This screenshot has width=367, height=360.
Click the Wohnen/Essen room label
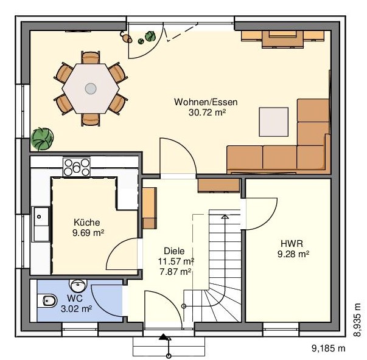click(x=206, y=102)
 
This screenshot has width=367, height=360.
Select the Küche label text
click(x=87, y=222)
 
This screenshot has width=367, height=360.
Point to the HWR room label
click(x=292, y=243)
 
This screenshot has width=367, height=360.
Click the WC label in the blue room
click(x=75, y=298)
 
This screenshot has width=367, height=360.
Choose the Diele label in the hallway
click(x=174, y=251)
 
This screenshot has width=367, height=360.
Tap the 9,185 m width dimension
click(x=329, y=348)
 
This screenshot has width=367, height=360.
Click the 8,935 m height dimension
click(x=357, y=320)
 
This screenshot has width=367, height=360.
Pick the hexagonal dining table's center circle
click(x=91, y=89)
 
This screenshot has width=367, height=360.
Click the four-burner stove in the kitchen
click(x=77, y=167)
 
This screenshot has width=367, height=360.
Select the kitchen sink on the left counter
click(x=41, y=224)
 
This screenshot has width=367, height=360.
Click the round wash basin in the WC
click(x=78, y=286)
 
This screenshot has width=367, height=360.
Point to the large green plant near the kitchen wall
click(x=42, y=139)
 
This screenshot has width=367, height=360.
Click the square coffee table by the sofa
click(x=274, y=122)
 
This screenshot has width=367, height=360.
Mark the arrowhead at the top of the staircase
click(x=225, y=216)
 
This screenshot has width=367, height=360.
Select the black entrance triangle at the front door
click(x=163, y=337)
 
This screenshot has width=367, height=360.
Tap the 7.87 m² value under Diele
click(x=175, y=272)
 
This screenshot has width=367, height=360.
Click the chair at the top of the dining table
click(x=91, y=58)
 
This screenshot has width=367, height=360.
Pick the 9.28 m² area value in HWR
click(x=293, y=254)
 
